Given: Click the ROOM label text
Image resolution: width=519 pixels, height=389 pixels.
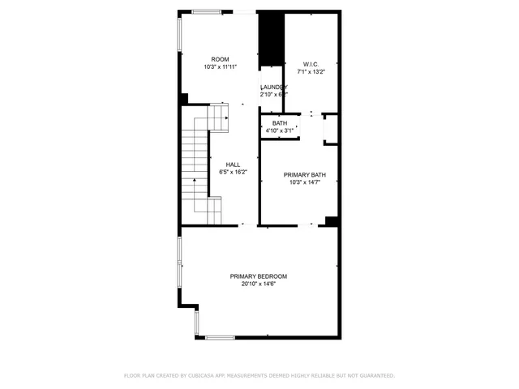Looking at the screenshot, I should click(x=220, y=59).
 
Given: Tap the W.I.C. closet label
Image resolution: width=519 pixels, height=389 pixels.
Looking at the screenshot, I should click(x=311, y=64).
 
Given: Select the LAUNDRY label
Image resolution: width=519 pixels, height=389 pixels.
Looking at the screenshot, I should click(x=273, y=87).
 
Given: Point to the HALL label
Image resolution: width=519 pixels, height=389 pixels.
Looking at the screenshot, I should click(x=233, y=164).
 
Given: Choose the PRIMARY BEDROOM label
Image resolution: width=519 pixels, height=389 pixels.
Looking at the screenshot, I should click(x=258, y=276).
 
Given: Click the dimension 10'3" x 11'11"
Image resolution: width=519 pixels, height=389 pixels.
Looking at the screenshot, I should click(x=220, y=67).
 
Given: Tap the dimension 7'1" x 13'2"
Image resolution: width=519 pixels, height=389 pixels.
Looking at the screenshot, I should click(x=311, y=71).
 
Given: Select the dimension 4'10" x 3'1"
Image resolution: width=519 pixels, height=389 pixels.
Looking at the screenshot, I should click(x=279, y=130).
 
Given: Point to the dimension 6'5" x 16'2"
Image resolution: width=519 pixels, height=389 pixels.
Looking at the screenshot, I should click(x=233, y=172).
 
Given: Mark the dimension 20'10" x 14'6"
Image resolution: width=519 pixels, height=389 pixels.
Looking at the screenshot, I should click(x=258, y=284).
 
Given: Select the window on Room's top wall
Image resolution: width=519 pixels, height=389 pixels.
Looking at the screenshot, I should click(x=207, y=11).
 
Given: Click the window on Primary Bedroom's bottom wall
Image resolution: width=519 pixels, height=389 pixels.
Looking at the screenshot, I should click(x=219, y=337).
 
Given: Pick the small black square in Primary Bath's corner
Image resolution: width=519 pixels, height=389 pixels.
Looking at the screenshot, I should click(x=331, y=220).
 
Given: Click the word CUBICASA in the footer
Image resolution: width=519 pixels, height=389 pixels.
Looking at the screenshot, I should click(x=204, y=376).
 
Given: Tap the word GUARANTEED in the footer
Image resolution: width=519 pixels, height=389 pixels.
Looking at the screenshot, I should click(x=374, y=376).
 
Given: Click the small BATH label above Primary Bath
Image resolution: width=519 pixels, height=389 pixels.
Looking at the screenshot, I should click(x=279, y=123).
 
